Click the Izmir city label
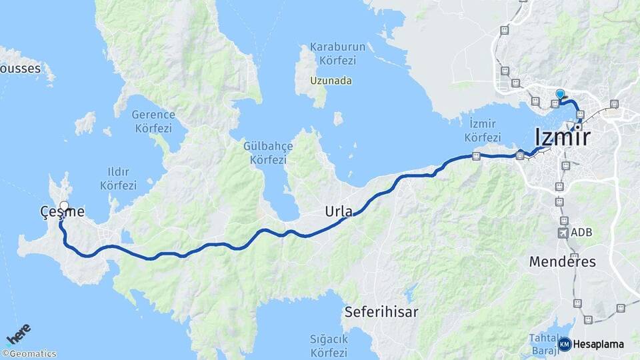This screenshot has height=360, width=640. tap(562, 138)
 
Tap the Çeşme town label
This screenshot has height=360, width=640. tap(62, 212)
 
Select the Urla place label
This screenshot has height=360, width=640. tap(338, 212)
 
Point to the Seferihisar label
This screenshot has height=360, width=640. tap(381, 311)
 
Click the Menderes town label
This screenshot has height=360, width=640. tap(562, 261)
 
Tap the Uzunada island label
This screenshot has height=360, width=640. tap(331, 81)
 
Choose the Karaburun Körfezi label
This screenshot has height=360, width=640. tap(332, 54)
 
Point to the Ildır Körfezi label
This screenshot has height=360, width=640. tap(118, 179)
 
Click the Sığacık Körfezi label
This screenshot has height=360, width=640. tap(329, 346)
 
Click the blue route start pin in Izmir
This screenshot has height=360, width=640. tap(560, 95)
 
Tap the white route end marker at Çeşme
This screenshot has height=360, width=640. tap(64, 205)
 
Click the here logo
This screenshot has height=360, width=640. tap(19, 334)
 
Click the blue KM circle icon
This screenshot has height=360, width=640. tap(565, 344)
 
